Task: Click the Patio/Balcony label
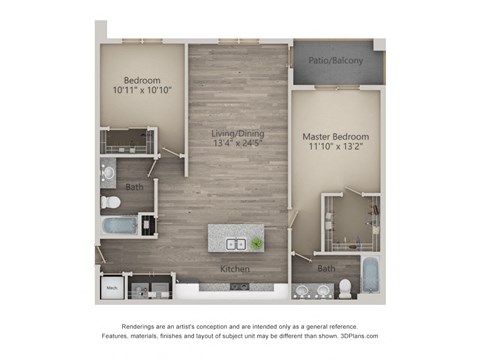[x=336, y=61]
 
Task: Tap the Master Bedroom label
[x=336, y=136]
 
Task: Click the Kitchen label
[x=236, y=269]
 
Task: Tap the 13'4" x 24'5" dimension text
[x=236, y=143]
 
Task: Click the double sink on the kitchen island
[x=237, y=243]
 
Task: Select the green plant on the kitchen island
[x=257, y=243]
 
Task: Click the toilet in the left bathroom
[x=110, y=200]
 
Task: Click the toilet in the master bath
[x=343, y=288]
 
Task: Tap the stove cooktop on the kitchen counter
[x=237, y=286]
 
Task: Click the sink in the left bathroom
[x=108, y=171]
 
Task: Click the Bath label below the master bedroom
[x=327, y=268]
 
